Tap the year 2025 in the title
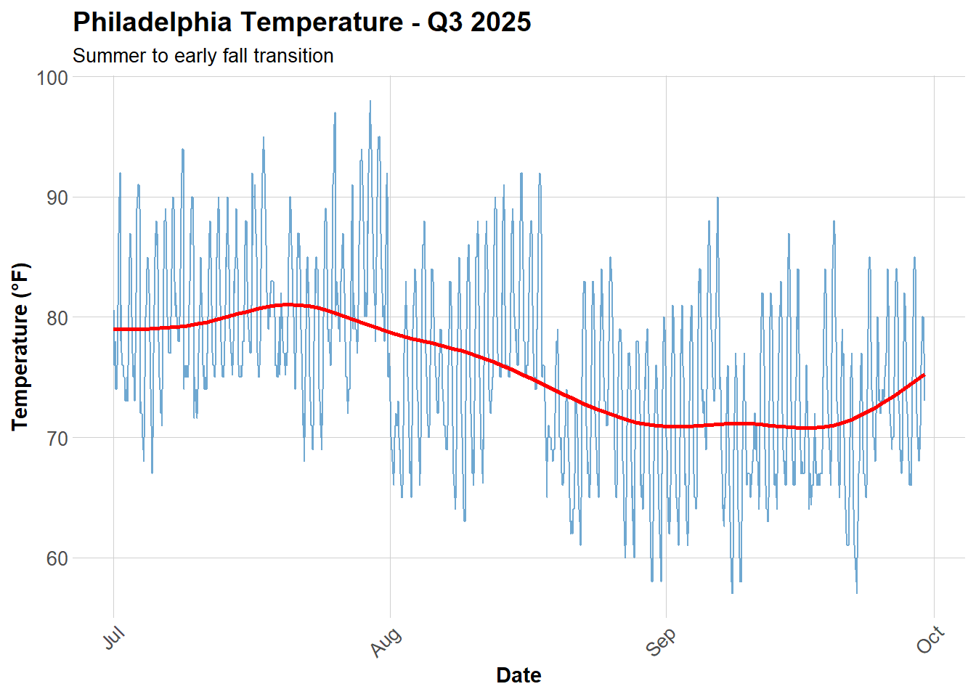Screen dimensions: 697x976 tap(501, 23)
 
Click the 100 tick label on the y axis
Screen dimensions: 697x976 tap(52, 78)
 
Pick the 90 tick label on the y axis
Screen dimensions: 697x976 tap(57, 198)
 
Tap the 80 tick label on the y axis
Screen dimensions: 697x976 tap(57, 318)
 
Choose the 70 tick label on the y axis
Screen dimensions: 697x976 tap(57, 439)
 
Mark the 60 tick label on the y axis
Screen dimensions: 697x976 tap(57, 559)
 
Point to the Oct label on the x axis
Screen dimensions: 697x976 tap(930, 640)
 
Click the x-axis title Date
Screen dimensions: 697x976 tap(518, 675)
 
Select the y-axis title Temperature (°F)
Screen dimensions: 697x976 tap(20, 346)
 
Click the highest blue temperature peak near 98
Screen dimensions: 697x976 tap(370, 102)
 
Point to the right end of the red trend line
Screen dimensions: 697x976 tap(924, 375)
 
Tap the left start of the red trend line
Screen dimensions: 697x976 tap(115, 330)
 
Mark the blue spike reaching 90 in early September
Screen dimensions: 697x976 tap(717, 198)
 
